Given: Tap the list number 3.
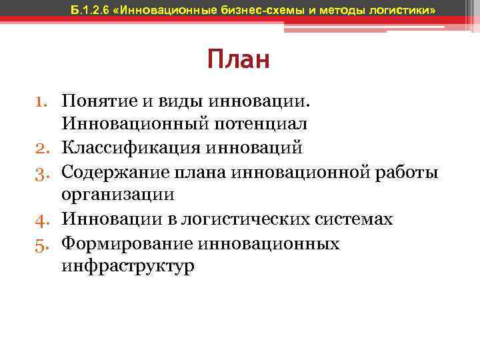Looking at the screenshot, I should pos(45,171).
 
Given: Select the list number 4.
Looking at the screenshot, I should pos(45,219).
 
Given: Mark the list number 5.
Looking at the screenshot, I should pos(45,243).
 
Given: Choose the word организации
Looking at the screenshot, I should pos(117,195).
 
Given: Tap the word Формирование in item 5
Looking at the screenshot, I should pos(118,243).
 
